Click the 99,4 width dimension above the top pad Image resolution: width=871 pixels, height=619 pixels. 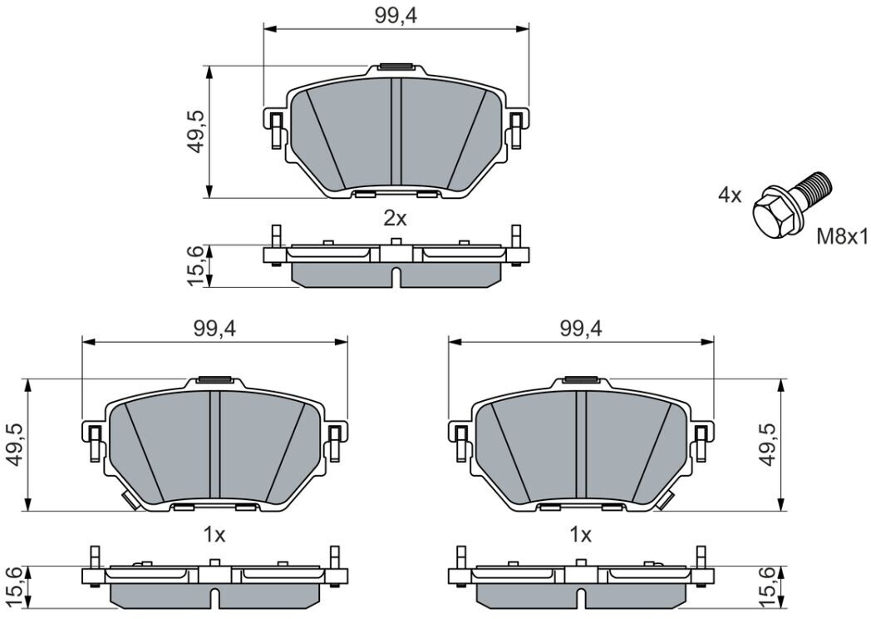tap(396, 16)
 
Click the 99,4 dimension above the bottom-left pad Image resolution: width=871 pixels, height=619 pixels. tap(214, 329)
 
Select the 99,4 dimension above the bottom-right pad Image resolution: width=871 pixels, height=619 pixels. tap(581, 329)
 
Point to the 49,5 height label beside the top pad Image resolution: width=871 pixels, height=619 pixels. tap(196, 131)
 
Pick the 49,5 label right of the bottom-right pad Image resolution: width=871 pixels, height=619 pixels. tap(769, 444)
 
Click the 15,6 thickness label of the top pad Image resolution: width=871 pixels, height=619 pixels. tap(196, 265)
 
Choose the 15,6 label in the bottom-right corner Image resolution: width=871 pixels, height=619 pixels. tap(769, 588)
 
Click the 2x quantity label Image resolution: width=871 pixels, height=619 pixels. tap(395, 219)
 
